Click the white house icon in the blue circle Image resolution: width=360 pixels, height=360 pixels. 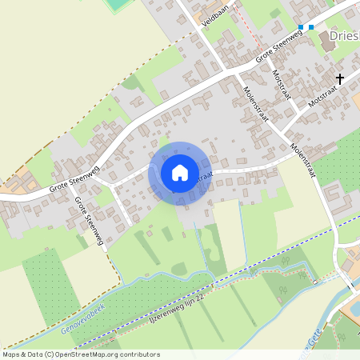point(180,173)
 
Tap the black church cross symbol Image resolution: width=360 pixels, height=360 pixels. point(341,78)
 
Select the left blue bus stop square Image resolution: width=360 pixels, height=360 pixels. point(302,27)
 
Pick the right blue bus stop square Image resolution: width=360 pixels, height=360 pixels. point(311,27)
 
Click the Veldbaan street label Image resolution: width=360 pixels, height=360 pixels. point(215,18)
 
